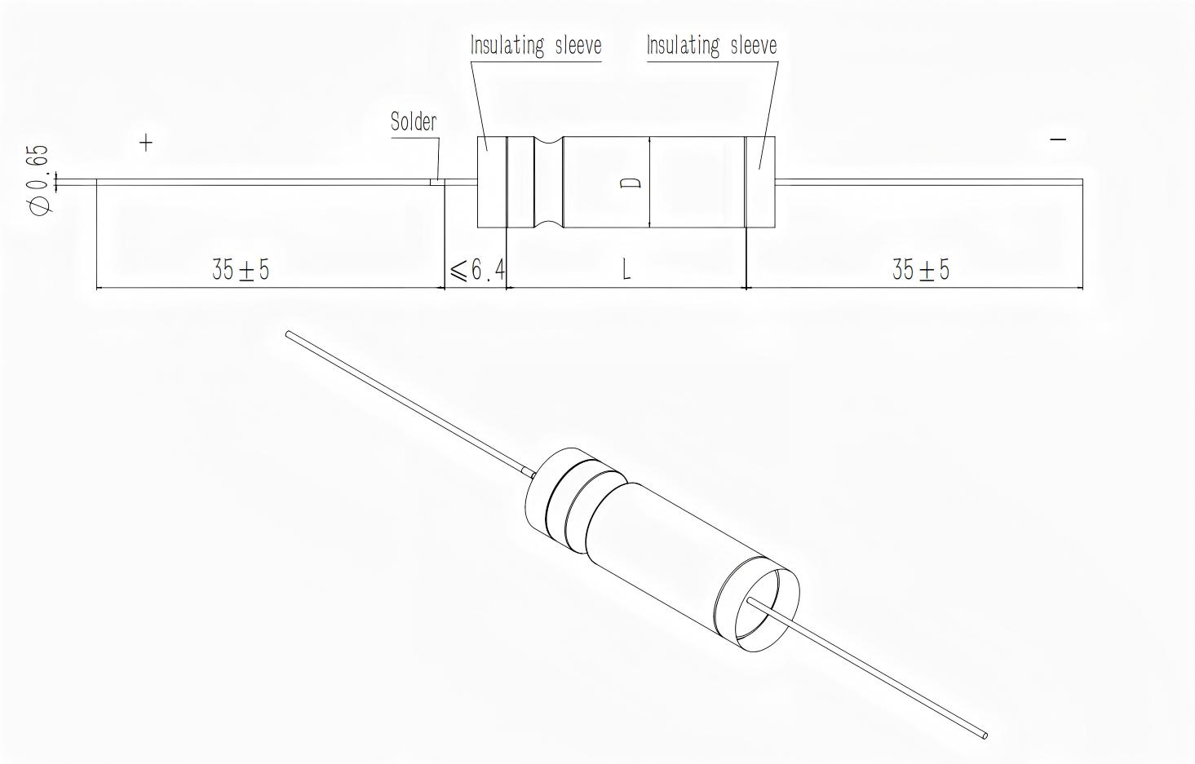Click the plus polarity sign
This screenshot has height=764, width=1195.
146,143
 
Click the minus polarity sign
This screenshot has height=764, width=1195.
1058,139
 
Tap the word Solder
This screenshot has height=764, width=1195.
414,121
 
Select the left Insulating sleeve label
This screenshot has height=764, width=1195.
536,46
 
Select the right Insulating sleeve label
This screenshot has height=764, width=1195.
711,46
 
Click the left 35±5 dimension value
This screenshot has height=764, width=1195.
241,269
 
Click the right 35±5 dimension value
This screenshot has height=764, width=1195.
921,269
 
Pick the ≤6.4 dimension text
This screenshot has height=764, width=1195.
477,270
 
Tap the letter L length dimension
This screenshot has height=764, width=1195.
626,270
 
